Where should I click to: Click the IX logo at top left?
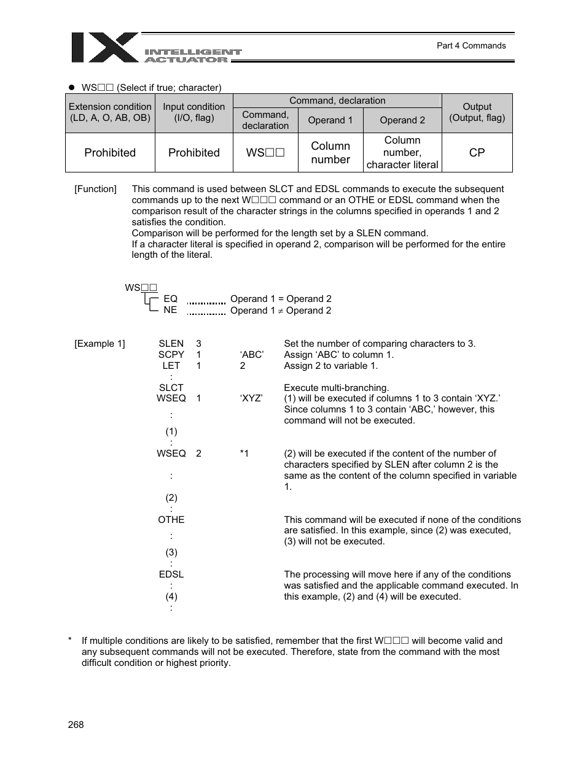pyautogui.click(x=105, y=47)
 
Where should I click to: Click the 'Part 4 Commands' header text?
pyautogui.click(x=471, y=45)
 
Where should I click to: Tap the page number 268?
pyautogui.click(x=76, y=724)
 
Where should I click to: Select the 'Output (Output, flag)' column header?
pyautogui.click(x=477, y=112)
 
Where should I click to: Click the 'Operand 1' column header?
pyautogui.click(x=330, y=120)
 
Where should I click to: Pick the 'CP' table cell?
pyautogui.click(x=477, y=152)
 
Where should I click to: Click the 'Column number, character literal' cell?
pyautogui.click(x=402, y=152)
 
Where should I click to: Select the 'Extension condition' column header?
pyautogui.click(x=110, y=112)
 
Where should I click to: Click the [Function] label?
pyautogui.click(x=95, y=189)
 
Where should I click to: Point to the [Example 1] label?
pyautogui.click(x=100, y=344)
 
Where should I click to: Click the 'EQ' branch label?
pyautogui.click(x=170, y=299)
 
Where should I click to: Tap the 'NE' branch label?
pyautogui.click(x=170, y=310)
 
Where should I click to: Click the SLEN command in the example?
pyautogui.click(x=171, y=344)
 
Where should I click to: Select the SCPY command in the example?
pyautogui.click(x=171, y=355)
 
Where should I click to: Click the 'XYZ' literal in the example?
pyautogui.click(x=251, y=398)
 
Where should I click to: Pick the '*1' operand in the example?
pyautogui.click(x=244, y=454)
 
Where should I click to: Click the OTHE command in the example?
pyautogui.click(x=171, y=519)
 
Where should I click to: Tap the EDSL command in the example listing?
pyautogui.click(x=171, y=574)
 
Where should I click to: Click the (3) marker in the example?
pyautogui.click(x=171, y=552)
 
